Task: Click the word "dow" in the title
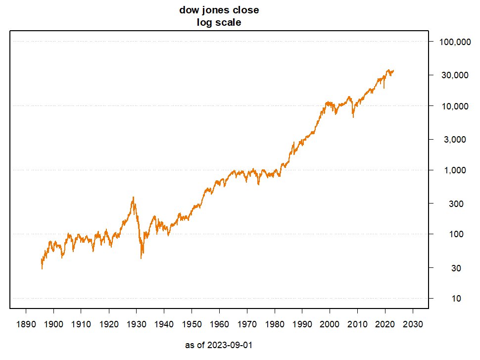(x=190, y=10)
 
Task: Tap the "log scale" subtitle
(x=219, y=22)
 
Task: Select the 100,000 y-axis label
(x=455, y=42)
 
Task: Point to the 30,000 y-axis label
(x=455, y=75)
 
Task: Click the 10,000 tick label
(x=455, y=106)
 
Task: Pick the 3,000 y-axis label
(x=455, y=140)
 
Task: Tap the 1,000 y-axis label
(x=455, y=170)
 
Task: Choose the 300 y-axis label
(x=456, y=204)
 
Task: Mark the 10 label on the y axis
(x=456, y=299)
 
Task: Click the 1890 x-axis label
(x=26, y=324)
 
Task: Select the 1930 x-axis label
(x=137, y=324)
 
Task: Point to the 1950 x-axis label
(x=192, y=324)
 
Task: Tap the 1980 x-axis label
(x=275, y=324)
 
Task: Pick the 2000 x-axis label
(x=330, y=324)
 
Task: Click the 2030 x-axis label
(x=413, y=324)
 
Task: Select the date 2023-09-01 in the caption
(x=230, y=345)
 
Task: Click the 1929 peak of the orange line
(x=133, y=197)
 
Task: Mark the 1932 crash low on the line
(x=141, y=258)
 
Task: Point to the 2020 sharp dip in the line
(x=384, y=88)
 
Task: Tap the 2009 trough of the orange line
(x=353, y=117)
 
